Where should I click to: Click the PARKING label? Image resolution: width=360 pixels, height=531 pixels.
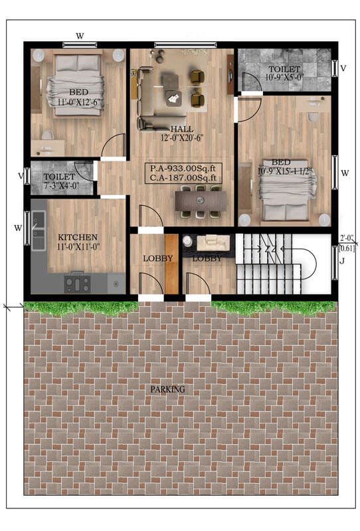coord(168,389)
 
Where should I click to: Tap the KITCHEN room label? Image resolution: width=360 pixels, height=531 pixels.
coord(78,237)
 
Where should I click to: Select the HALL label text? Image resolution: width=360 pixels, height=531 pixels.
coord(182,129)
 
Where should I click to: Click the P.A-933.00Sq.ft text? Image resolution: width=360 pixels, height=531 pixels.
coord(183,169)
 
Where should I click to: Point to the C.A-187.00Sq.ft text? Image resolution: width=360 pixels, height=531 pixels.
coord(183,177)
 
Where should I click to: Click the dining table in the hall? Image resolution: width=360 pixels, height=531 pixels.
coord(201,201)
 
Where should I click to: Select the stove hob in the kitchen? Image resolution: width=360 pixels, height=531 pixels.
coord(77,284)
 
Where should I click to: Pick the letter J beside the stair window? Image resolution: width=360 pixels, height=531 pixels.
coord(342,261)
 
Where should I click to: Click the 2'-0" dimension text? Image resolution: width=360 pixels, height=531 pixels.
coord(347,238)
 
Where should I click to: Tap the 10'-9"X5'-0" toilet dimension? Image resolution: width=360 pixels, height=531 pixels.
coord(284,77)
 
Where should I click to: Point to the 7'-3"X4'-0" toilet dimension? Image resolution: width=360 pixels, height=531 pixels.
coord(61,185)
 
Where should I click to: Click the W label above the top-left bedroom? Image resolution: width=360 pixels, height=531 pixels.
coord(80,36)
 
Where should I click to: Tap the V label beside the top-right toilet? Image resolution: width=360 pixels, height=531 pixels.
coord(343,68)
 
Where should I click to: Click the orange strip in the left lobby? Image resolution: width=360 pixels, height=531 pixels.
coord(171,264)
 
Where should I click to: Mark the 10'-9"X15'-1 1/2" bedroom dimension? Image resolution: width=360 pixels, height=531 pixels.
coord(284,171)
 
